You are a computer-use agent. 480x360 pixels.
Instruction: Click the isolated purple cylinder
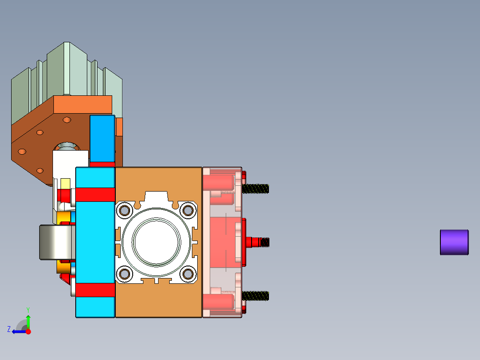point(454,242)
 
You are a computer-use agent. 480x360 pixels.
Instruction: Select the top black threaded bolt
point(256,188)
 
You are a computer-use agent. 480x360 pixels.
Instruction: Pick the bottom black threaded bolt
point(256,295)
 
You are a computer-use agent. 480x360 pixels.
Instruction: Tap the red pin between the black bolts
point(253,242)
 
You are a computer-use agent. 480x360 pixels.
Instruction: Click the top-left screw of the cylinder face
point(125,210)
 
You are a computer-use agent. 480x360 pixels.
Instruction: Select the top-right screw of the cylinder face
point(188,210)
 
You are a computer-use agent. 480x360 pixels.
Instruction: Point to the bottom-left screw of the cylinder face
point(125,274)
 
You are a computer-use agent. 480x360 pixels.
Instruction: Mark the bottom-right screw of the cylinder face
point(188,274)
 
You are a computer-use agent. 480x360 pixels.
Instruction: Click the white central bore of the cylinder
point(156,242)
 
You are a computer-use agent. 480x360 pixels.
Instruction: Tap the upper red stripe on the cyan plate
point(95,194)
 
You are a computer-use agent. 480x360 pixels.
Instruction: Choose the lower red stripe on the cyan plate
point(95,290)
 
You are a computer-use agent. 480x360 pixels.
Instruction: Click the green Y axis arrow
point(28,320)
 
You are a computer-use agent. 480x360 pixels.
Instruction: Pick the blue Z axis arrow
point(18,331)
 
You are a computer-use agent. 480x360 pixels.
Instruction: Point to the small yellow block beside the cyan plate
point(65,183)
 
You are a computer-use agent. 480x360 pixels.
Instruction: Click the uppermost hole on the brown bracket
point(67,119)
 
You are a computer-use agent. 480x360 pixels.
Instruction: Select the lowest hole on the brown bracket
point(40,171)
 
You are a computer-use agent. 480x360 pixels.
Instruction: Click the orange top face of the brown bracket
point(82,104)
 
